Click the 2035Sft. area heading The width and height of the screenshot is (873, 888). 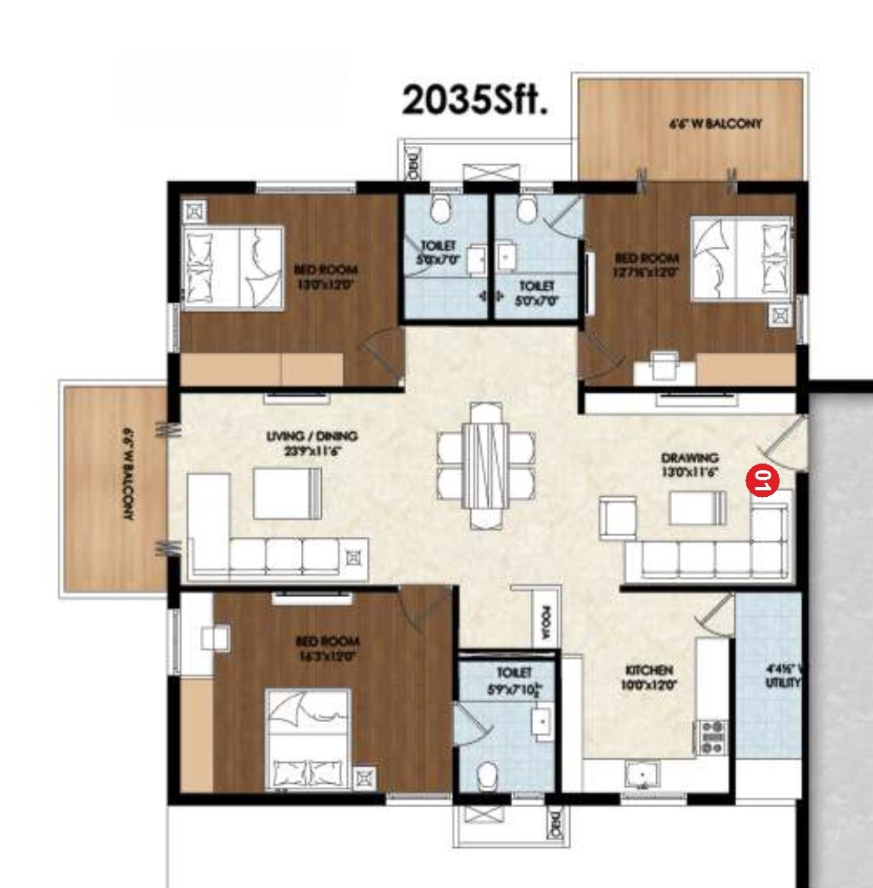(x=474, y=100)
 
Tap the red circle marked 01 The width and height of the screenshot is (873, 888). (x=763, y=480)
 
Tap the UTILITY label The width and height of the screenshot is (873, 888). (x=783, y=675)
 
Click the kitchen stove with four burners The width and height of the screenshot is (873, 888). (x=712, y=737)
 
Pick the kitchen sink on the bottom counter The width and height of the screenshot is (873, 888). (x=642, y=774)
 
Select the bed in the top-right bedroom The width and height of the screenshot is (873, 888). (x=740, y=258)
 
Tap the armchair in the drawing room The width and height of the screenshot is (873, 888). (x=618, y=518)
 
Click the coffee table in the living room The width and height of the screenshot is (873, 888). (x=287, y=493)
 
